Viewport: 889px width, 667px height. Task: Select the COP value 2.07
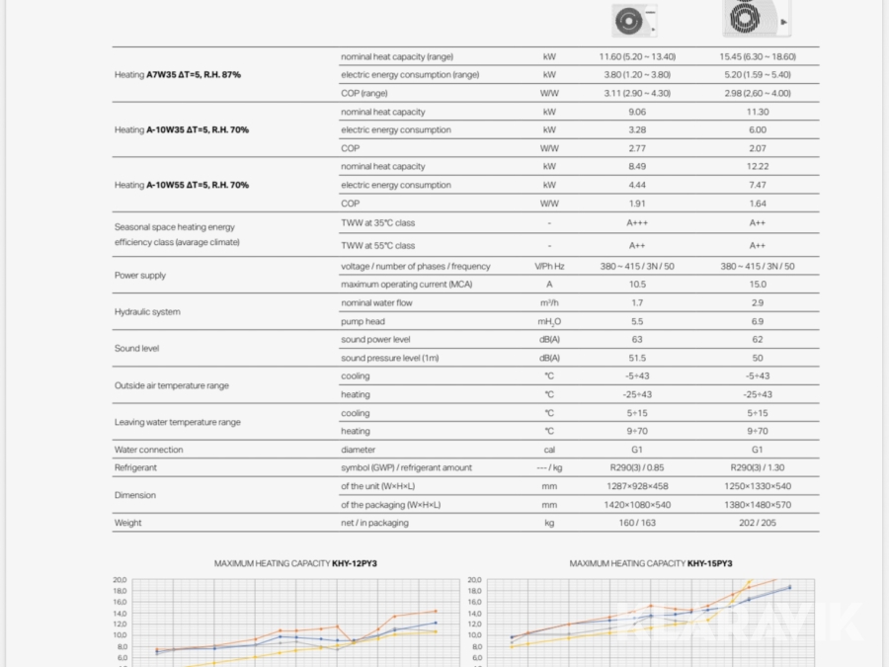(x=757, y=148)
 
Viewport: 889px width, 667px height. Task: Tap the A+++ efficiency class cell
(x=636, y=223)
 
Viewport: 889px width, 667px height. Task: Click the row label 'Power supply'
(x=140, y=276)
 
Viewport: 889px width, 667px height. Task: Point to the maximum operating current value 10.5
(x=636, y=285)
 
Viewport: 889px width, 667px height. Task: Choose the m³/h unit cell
(x=549, y=303)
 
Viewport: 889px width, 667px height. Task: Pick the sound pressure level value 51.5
(x=636, y=358)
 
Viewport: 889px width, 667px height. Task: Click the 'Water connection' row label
(x=148, y=450)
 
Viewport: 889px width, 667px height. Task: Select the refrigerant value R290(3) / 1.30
(x=757, y=467)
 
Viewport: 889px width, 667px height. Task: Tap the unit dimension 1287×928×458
(x=636, y=486)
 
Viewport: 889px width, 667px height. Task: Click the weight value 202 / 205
(x=757, y=523)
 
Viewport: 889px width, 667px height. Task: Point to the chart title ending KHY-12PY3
(x=295, y=563)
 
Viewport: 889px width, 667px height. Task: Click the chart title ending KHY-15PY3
(x=651, y=563)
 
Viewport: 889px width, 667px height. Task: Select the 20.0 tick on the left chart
(x=120, y=580)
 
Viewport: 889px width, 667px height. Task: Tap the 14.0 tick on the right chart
(x=474, y=614)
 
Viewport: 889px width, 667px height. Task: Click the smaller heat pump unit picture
(x=633, y=20)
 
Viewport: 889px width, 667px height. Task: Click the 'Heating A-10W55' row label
(x=182, y=185)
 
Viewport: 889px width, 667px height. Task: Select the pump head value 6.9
(x=757, y=321)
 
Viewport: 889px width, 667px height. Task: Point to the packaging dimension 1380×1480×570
(x=757, y=505)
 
